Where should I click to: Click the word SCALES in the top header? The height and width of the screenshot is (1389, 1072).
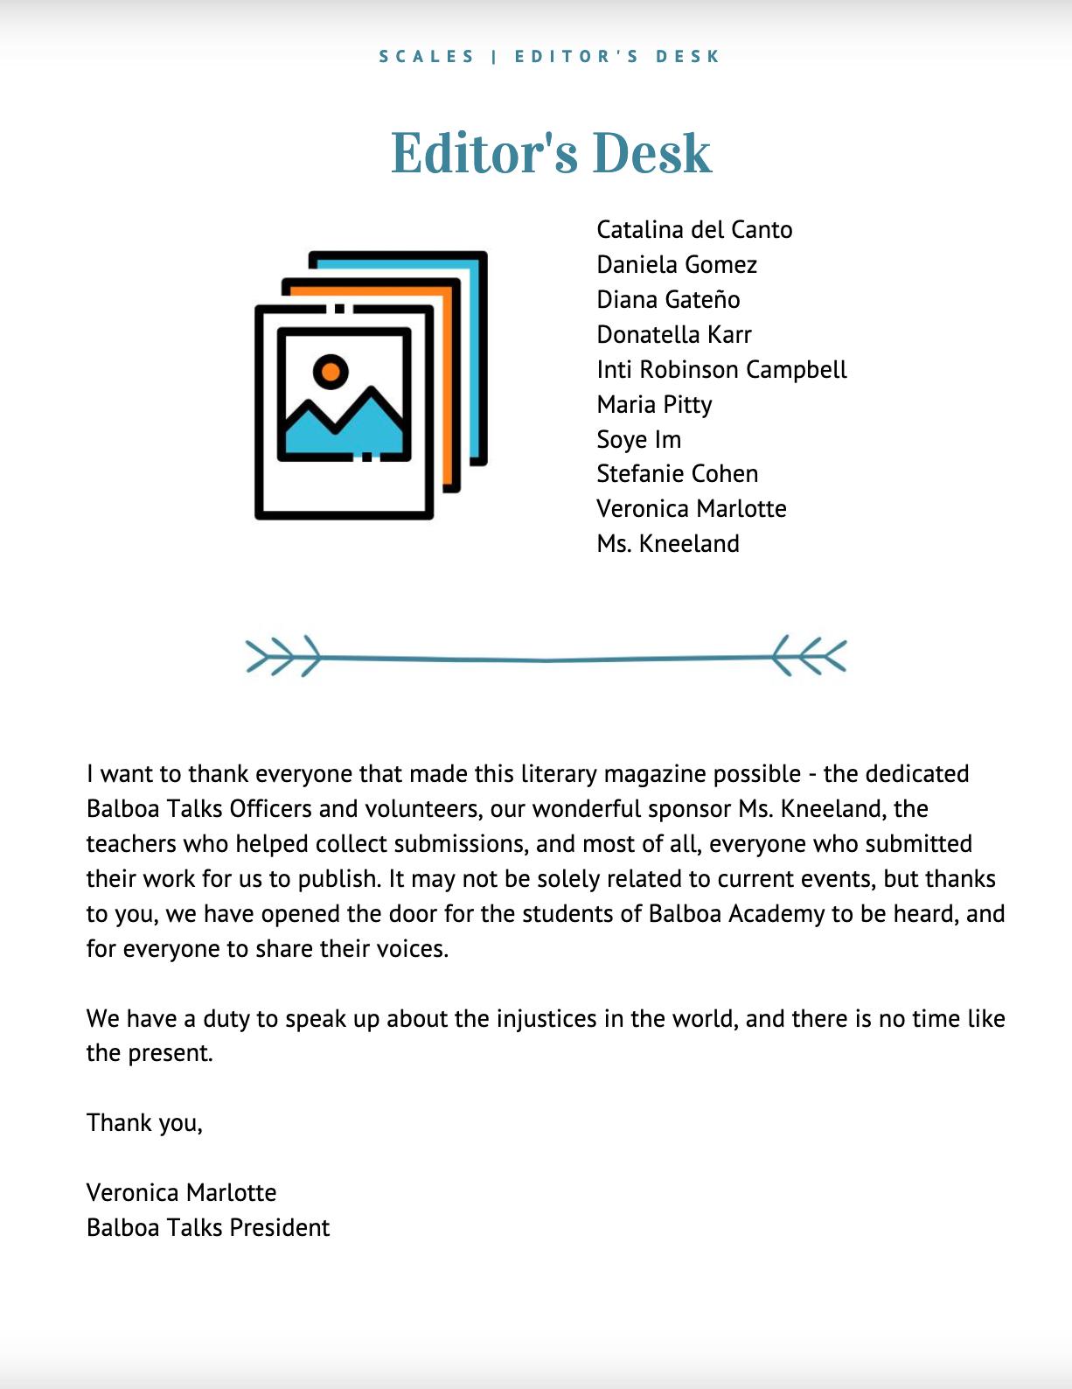tap(427, 57)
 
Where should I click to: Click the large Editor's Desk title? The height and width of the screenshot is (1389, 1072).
tap(551, 154)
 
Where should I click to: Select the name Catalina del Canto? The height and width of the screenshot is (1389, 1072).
tap(694, 230)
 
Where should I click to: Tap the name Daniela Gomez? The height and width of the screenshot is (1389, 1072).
tap(677, 265)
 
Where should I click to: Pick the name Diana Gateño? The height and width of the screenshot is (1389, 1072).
tap(668, 300)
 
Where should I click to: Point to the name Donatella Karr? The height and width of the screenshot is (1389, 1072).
tap(674, 335)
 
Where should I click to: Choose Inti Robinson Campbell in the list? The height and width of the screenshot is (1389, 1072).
tap(721, 370)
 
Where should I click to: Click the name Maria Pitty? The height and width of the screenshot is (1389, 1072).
tap(654, 405)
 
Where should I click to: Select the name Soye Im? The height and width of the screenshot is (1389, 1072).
tap(638, 439)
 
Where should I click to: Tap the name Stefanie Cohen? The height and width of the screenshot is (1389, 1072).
tap(677, 474)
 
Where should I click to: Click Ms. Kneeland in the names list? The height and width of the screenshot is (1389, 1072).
tap(668, 544)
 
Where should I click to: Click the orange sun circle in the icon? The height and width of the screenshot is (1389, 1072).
tap(331, 372)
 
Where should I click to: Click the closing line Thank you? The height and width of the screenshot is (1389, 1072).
tap(144, 1123)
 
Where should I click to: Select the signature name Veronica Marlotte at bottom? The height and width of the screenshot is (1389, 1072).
tap(181, 1193)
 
